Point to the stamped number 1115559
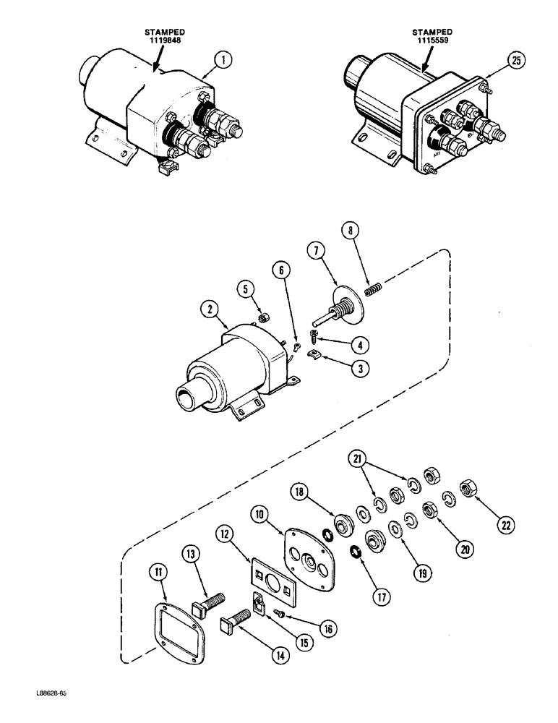click(432, 41)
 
